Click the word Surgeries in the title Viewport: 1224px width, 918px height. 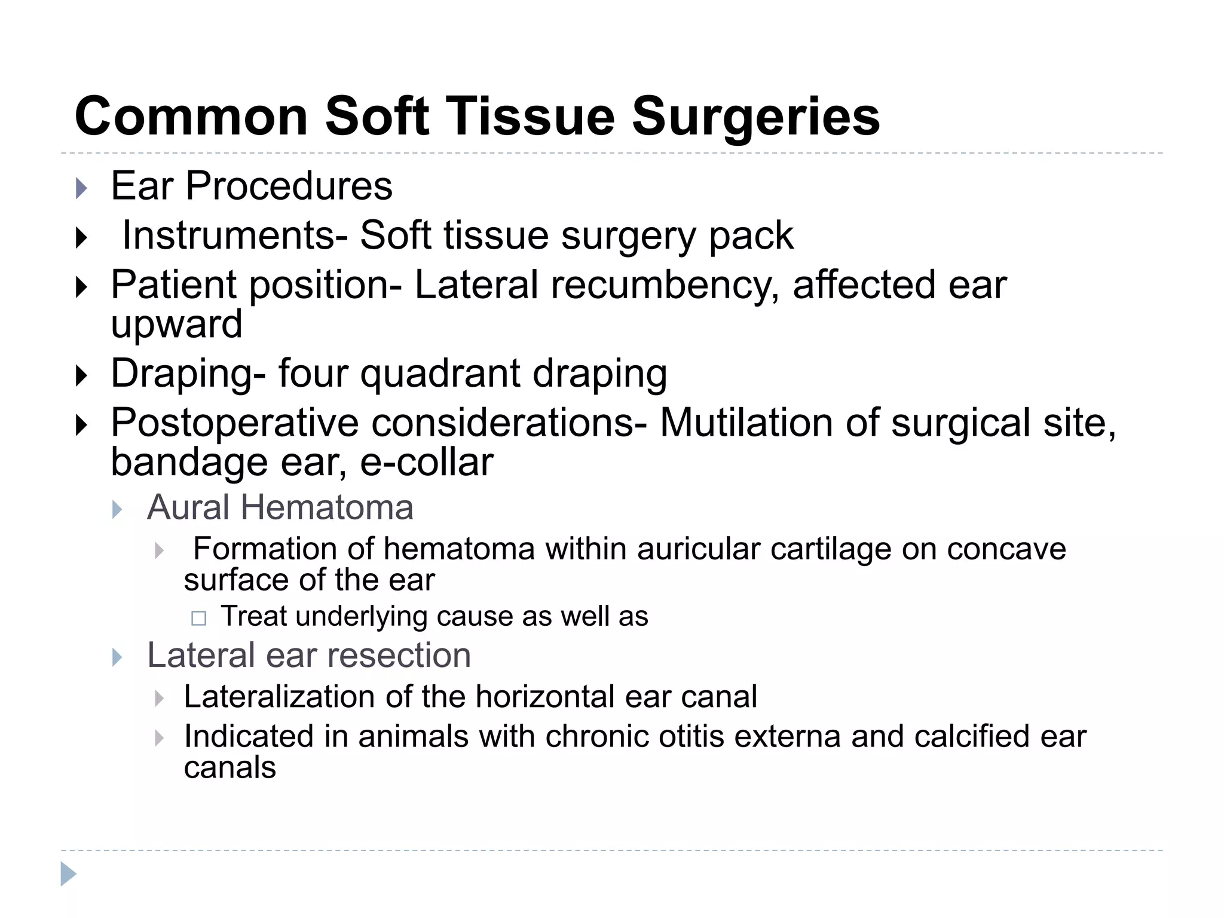(755, 117)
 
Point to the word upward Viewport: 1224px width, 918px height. (176, 325)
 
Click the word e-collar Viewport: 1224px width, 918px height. (427, 463)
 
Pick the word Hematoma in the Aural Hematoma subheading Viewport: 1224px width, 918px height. (327, 508)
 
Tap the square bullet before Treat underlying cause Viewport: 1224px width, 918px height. (198, 618)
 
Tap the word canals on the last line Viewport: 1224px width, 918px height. (230, 768)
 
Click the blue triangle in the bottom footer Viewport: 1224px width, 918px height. (68, 874)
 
